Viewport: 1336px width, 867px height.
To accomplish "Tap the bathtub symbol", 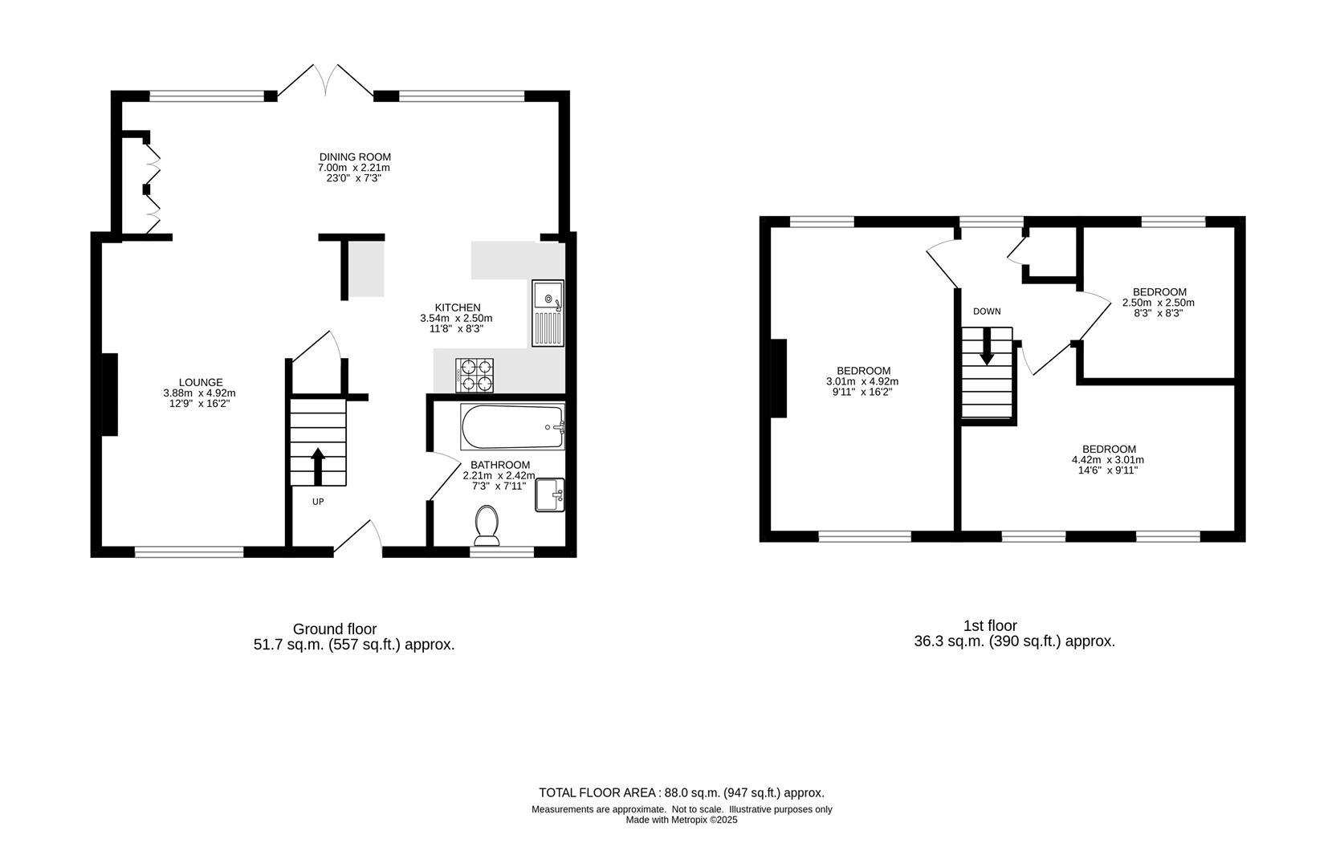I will (512, 427).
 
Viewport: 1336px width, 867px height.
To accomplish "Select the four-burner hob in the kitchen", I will (475, 376).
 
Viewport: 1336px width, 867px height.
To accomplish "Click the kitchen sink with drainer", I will (548, 313).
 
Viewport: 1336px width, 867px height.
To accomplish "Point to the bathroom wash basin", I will (550, 495).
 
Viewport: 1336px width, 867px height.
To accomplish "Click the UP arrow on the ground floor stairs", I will (318, 466).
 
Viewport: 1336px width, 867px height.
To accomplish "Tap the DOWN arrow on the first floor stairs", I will (987, 348).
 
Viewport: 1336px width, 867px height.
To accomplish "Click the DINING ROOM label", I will (355, 157).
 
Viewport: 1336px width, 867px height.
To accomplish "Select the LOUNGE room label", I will (201, 382).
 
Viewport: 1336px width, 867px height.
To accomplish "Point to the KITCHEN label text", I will (458, 307).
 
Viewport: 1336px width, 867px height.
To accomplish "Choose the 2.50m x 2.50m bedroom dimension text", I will (1159, 303).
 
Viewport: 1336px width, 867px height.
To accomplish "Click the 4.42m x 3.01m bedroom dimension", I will (1108, 460).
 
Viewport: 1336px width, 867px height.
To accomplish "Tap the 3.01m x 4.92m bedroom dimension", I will (862, 381).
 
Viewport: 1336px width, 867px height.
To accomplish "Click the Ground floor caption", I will (334, 629).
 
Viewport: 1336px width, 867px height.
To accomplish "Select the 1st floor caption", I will (990, 625).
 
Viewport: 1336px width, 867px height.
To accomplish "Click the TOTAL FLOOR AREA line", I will (681, 792).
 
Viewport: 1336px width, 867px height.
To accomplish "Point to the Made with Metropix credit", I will (681, 820).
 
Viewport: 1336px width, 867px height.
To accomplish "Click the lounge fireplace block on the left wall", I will (109, 394).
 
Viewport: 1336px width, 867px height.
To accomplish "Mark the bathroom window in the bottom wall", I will (502, 552).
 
